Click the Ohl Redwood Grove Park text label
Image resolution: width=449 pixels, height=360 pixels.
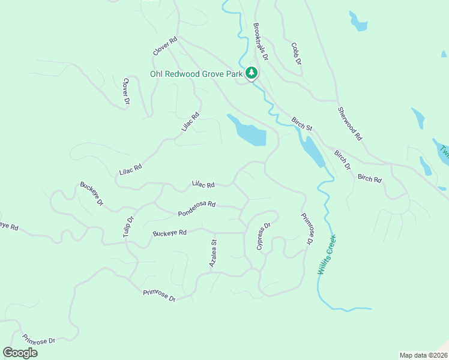point(196,74)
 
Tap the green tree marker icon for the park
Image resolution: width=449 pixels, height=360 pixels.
point(252,73)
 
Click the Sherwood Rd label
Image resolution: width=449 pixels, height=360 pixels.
point(350,124)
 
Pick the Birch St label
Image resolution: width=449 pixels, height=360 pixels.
point(302,124)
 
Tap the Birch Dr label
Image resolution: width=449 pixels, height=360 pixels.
point(342,160)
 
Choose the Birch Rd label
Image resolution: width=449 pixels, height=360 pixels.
point(369,178)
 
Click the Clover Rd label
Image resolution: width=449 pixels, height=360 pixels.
point(165,47)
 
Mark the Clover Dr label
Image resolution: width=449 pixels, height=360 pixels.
point(127,91)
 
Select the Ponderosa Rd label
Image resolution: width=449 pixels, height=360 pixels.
point(196,209)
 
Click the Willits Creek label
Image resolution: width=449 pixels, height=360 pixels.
point(327,255)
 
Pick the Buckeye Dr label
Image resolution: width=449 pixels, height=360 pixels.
point(92,194)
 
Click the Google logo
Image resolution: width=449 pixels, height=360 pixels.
point(20,352)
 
